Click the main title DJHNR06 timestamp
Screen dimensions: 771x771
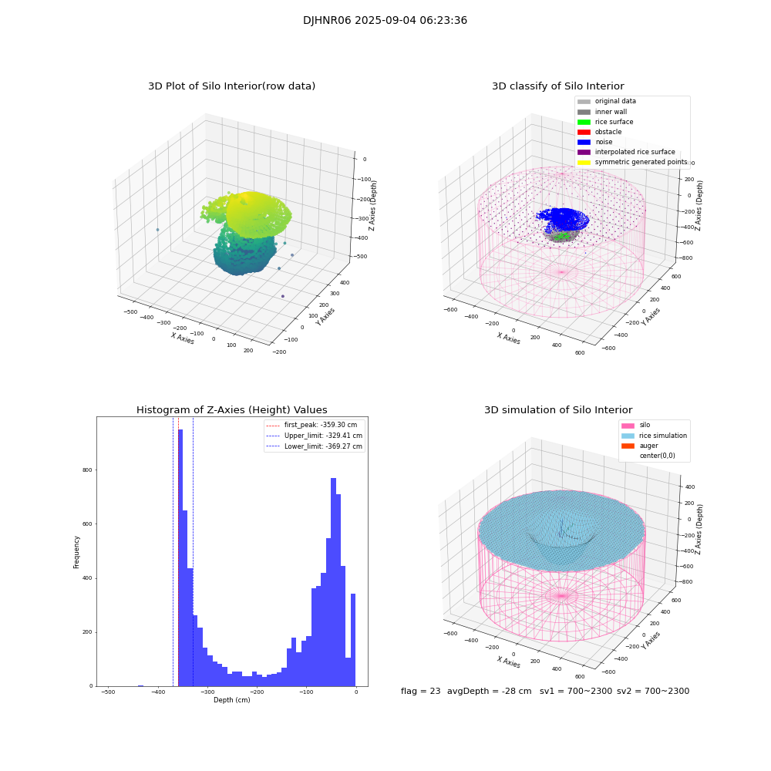pos(385,21)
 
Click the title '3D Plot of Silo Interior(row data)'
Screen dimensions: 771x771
pos(231,86)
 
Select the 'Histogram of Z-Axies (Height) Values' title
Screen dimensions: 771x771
pos(231,410)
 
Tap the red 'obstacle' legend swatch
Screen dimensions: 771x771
pos(584,132)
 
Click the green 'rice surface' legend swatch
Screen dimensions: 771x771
pos(584,122)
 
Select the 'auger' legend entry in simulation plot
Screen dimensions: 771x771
pos(648,446)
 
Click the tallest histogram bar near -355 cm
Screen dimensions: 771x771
pos(180,555)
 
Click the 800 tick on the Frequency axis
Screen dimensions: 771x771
pos(87,470)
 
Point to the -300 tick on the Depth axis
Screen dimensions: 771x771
pos(207,692)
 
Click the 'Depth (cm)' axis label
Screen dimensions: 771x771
pos(231,700)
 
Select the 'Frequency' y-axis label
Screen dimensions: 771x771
pos(76,551)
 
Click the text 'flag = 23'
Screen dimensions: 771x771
pos(420,692)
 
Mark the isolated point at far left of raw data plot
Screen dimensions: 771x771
pos(157,230)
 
